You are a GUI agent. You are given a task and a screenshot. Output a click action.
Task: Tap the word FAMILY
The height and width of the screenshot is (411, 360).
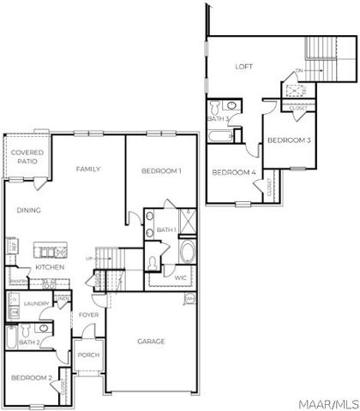(x=87, y=169)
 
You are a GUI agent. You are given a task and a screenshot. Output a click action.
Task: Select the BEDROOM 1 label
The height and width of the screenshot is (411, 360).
(x=161, y=171)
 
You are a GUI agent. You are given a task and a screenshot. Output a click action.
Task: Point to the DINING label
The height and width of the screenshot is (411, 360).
(x=29, y=210)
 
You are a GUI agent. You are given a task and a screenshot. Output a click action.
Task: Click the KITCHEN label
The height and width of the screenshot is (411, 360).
(x=49, y=267)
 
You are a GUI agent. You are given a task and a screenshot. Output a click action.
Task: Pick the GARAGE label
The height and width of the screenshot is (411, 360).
(x=151, y=341)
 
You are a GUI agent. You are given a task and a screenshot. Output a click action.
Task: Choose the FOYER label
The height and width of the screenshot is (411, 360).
(x=89, y=315)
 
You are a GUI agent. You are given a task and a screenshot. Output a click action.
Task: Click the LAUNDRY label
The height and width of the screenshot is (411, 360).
(x=36, y=303)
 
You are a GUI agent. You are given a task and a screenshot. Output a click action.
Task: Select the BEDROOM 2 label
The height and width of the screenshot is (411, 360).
(x=32, y=377)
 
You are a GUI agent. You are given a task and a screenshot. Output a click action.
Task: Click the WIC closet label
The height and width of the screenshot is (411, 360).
(x=179, y=277)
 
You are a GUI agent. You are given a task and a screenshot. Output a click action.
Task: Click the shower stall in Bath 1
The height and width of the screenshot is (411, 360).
(x=187, y=217)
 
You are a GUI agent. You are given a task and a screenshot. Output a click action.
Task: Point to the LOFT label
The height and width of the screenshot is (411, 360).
(x=245, y=66)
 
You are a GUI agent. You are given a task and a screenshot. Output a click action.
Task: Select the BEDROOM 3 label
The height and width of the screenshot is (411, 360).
(x=288, y=139)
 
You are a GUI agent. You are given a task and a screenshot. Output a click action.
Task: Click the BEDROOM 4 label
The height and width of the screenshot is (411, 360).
(x=233, y=172)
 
